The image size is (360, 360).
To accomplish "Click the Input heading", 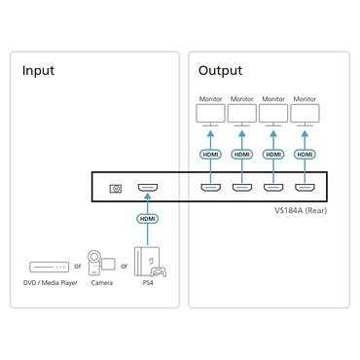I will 38,71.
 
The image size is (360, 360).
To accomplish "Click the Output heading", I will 220,71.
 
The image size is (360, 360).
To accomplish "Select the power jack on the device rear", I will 116,188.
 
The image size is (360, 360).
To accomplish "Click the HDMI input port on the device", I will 147,188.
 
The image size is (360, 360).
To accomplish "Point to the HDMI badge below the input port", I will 147,219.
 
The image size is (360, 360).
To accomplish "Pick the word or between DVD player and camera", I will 77,264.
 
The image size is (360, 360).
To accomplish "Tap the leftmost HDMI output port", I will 209,188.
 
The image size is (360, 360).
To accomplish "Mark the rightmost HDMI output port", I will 305,188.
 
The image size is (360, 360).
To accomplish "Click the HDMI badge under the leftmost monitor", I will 209,154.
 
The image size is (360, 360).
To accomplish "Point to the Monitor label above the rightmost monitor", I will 305,98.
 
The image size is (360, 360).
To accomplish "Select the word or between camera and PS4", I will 126,264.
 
